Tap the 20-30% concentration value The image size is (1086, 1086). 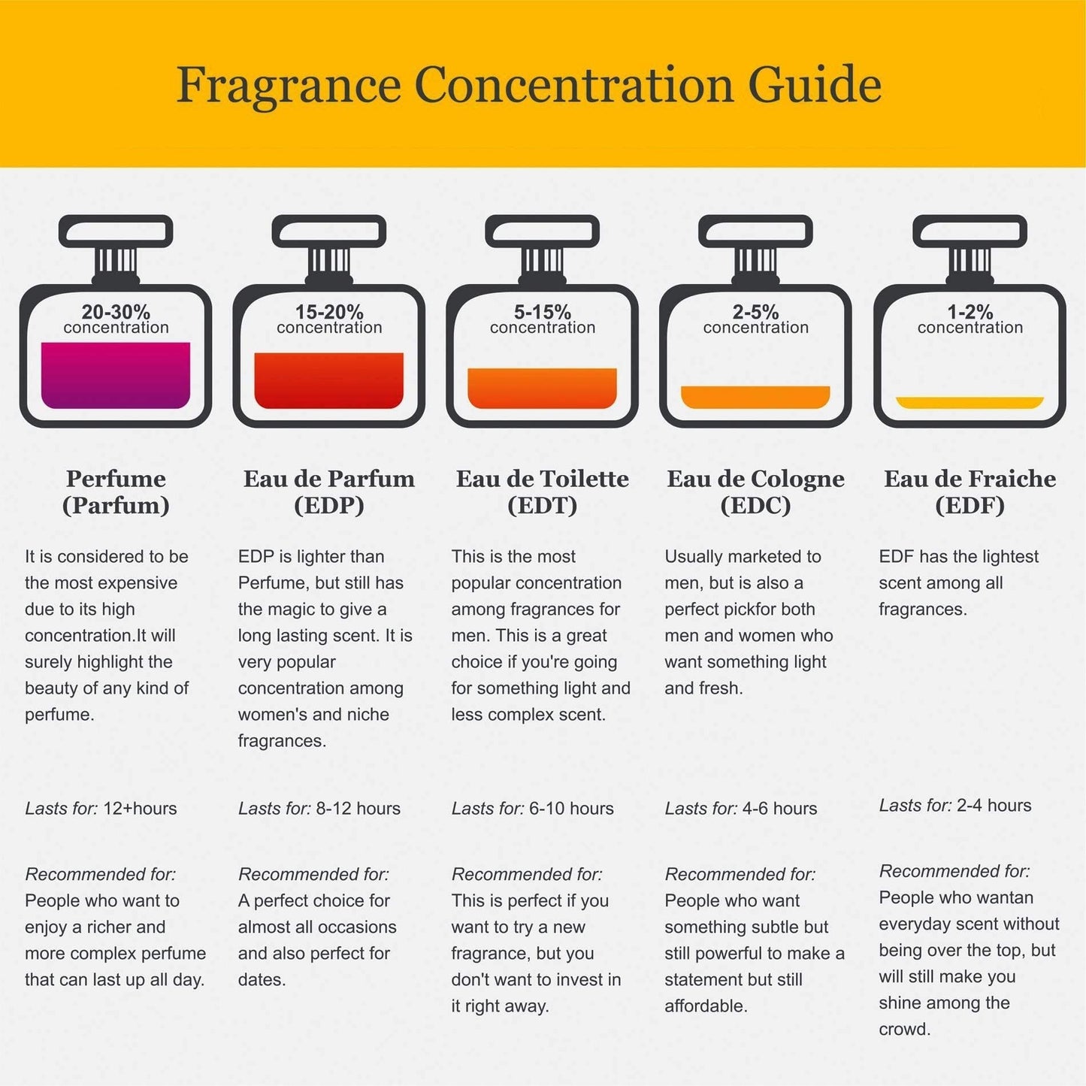pyautogui.click(x=116, y=312)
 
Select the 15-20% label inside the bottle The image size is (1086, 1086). pyautogui.click(x=329, y=312)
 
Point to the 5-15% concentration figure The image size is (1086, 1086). pyautogui.click(x=542, y=312)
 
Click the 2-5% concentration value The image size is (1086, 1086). pyautogui.click(x=755, y=312)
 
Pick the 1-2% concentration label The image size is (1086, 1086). pyautogui.click(x=970, y=312)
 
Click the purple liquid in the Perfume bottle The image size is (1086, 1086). pyautogui.click(x=116, y=375)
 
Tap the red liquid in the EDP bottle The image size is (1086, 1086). pyautogui.click(x=329, y=380)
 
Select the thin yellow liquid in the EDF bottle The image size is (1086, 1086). pyautogui.click(x=970, y=402)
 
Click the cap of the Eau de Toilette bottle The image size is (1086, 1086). pyautogui.click(x=542, y=231)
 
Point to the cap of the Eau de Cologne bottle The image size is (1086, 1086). pyautogui.click(x=755, y=231)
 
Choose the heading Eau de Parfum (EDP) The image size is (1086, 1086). pyautogui.click(x=329, y=492)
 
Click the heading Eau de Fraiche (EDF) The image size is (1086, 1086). pyautogui.click(x=970, y=492)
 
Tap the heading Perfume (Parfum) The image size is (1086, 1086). pyautogui.click(x=116, y=492)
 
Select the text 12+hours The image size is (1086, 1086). pyautogui.click(x=140, y=808)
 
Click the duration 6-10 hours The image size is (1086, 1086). pyautogui.click(x=571, y=808)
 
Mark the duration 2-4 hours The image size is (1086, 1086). pyautogui.click(x=994, y=806)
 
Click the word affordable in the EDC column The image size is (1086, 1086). pyautogui.click(x=706, y=1006)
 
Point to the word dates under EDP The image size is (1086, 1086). pyautogui.click(x=262, y=979)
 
